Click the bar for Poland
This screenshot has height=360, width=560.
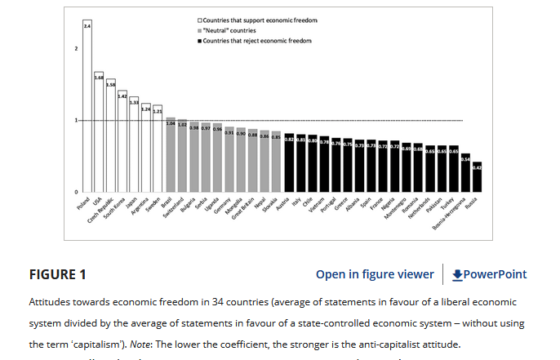click(87, 106)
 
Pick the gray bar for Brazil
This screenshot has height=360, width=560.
click(171, 155)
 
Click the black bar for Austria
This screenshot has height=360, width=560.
click(289, 163)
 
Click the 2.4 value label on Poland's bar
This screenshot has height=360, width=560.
click(87, 27)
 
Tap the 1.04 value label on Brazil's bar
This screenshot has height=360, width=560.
click(171, 123)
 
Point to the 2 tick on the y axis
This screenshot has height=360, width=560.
click(76, 49)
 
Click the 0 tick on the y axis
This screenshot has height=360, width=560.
click(76, 192)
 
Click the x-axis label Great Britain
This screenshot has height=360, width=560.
click(242, 209)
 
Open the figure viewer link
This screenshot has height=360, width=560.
click(375, 274)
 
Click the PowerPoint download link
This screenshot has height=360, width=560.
click(489, 274)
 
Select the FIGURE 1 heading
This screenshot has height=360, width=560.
click(59, 274)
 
